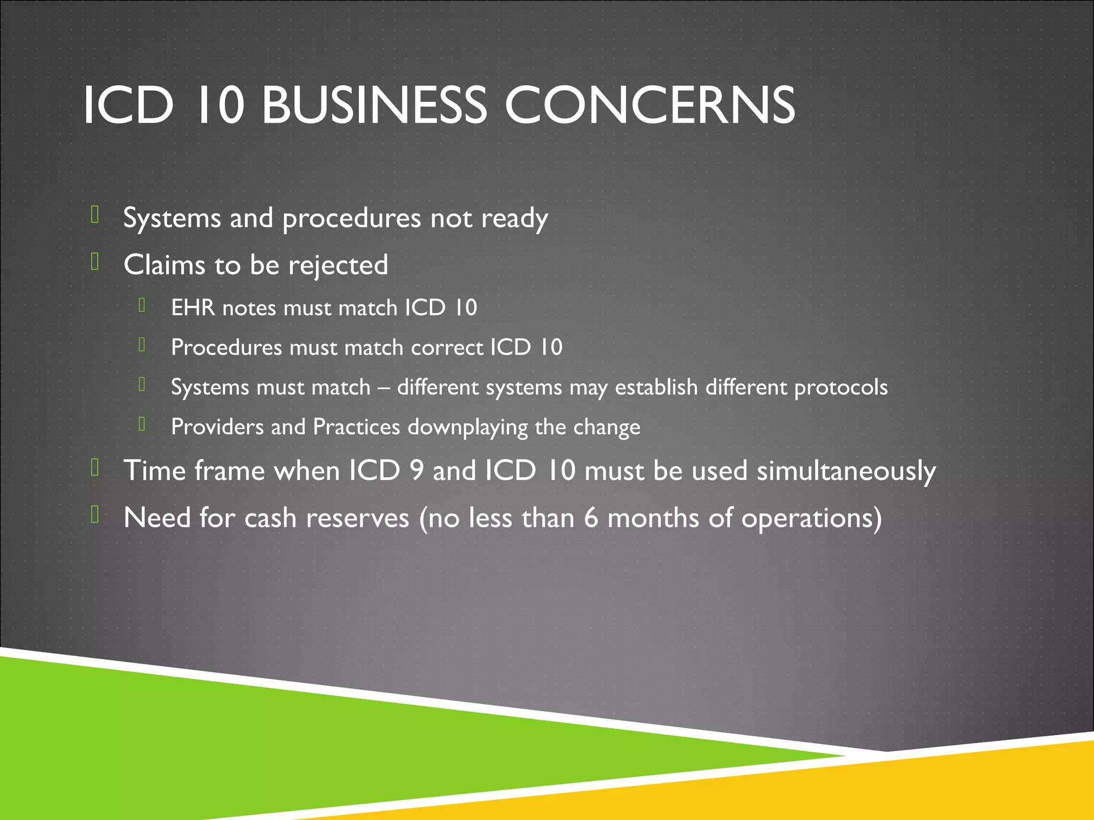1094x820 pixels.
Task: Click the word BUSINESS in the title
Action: pos(374,105)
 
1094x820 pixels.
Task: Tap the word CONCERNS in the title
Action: pos(650,105)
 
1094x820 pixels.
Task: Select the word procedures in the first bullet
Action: pos(351,219)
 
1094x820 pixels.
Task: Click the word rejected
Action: pos(338,265)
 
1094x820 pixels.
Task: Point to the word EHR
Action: pos(193,308)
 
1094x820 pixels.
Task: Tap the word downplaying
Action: pos(467,427)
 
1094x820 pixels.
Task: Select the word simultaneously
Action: pos(846,471)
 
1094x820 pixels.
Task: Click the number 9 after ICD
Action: pos(417,471)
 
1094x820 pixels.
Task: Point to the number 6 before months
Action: pos(591,518)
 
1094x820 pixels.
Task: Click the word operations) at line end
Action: pos(811,518)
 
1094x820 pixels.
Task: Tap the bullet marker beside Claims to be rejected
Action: pos(95,262)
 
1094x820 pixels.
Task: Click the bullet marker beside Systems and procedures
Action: pos(95,215)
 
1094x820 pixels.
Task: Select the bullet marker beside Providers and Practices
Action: pos(142,424)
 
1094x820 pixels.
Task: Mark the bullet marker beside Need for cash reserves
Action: pos(95,515)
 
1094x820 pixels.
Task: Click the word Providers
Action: pos(217,427)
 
